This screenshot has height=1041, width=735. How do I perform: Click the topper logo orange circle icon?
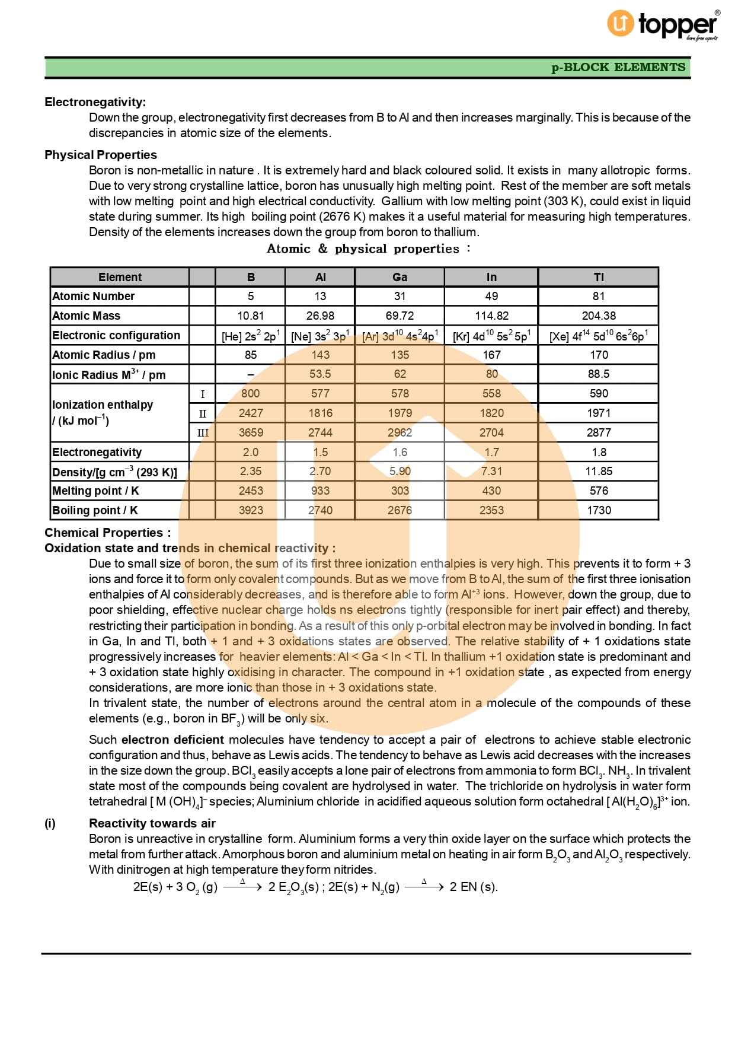click(620, 23)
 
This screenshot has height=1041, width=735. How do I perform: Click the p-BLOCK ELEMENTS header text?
click(618, 67)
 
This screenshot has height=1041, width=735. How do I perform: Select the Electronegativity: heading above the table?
click(95, 102)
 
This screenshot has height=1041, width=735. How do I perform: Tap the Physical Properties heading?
click(101, 155)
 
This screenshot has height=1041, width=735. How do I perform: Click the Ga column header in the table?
click(400, 277)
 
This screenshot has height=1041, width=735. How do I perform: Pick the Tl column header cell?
click(599, 277)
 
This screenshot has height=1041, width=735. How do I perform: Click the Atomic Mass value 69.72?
click(400, 316)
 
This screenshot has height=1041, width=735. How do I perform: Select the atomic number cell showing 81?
click(599, 296)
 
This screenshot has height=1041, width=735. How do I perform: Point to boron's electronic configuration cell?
click(251, 336)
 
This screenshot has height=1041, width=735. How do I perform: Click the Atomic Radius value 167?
click(491, 355)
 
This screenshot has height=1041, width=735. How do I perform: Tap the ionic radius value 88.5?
click(599, 374)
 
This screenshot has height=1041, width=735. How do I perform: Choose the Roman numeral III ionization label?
click(203, 432)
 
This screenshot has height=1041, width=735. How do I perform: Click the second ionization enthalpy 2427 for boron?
click(251, 413)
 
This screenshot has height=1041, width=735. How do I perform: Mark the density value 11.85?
click(599, 471)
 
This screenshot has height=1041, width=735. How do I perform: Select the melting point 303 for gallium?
click(400, 491)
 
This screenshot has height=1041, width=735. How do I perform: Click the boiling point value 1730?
click(599, 510)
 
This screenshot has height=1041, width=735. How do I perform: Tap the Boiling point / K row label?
click(95, 510)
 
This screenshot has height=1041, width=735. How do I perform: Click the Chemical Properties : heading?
click(107, 533)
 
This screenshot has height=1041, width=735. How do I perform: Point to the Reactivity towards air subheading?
click(152, 823)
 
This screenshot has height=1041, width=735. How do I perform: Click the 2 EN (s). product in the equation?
click(474, 887)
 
